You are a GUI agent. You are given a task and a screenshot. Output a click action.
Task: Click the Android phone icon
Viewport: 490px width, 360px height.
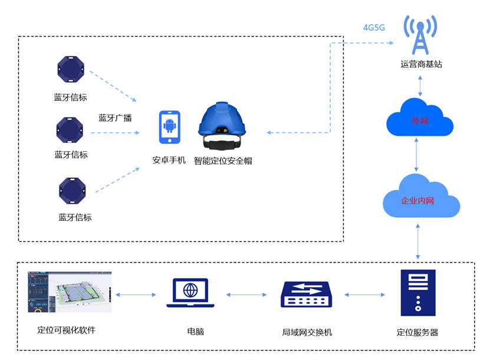[x=169, y=127]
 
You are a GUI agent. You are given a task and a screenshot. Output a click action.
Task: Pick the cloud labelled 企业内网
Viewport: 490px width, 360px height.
[x=420, y=198]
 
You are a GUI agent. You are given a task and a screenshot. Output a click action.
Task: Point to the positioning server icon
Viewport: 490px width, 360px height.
[x=417, y=293]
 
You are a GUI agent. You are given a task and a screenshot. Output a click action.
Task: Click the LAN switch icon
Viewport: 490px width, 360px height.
[x=307, y=294]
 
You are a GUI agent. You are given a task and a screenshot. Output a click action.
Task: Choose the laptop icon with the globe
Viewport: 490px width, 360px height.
[x=190, y=293]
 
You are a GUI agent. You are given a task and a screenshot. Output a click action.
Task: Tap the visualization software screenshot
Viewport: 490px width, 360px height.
[x=70, y=292]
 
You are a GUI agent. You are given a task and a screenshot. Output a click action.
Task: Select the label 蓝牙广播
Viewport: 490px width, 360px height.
[x=115, y=117]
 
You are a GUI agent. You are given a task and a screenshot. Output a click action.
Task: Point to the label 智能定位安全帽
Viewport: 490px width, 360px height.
[x=223, y=161]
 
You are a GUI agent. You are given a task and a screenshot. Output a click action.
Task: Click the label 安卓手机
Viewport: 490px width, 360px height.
[x=169, y=160]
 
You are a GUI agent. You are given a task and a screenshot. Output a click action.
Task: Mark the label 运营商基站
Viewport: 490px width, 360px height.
[x=421, y=64]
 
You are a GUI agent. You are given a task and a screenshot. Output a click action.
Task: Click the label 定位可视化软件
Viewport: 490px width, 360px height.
[x=66, y=330]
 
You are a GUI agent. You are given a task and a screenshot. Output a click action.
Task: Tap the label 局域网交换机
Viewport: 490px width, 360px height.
[x=307, y=332]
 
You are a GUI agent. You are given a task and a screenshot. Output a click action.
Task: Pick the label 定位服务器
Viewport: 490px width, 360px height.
[x=417, y=332]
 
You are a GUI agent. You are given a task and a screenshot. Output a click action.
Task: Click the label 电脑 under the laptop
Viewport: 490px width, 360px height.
[x=195, y=332]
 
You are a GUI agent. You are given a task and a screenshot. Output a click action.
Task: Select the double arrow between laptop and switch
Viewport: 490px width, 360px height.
[x=248, y=294]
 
